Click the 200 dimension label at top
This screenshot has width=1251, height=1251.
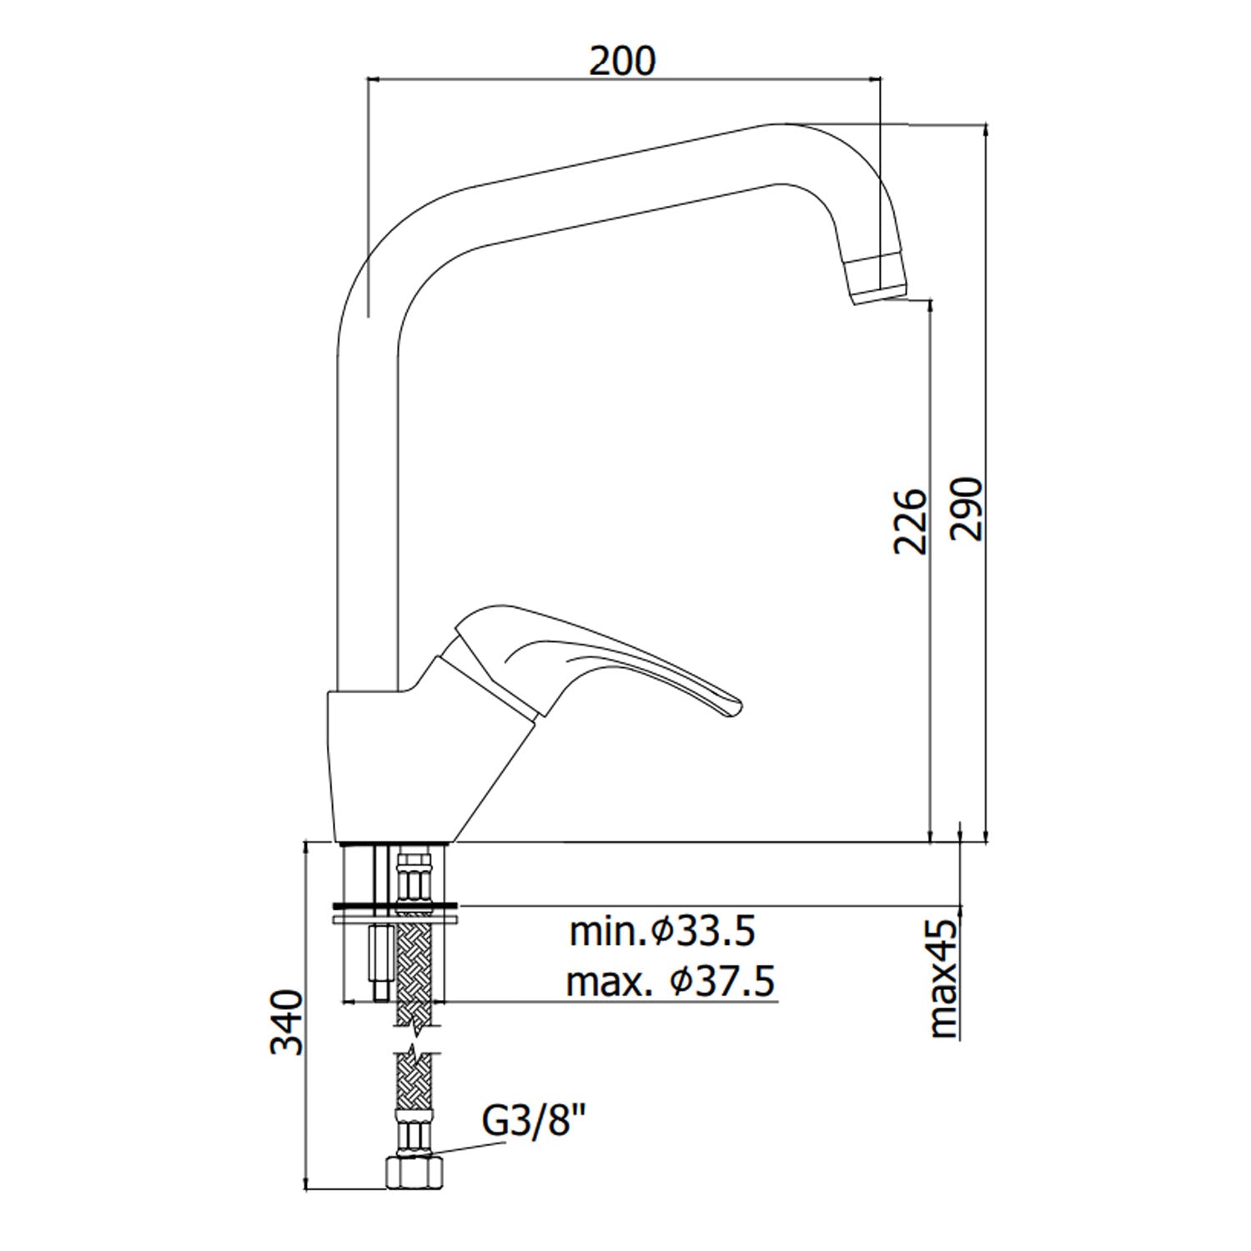(623, 61)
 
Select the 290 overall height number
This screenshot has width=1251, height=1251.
(967, 509)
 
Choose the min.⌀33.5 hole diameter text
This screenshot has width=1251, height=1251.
(662, 932)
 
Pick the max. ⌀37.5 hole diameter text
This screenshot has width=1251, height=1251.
(671, 982)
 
